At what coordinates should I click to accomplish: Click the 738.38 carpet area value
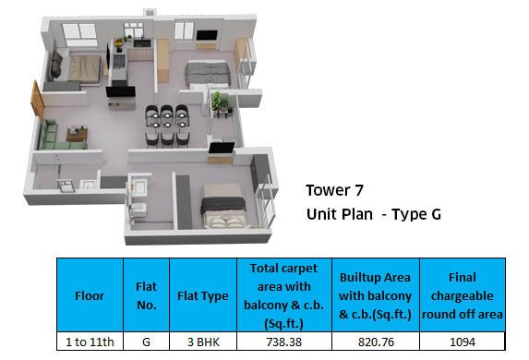283,342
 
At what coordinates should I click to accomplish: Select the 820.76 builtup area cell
376,342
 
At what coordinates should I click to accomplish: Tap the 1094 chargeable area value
463,342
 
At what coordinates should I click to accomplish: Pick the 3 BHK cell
203,342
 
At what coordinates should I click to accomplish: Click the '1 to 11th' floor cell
90,342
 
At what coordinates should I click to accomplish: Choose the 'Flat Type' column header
203,296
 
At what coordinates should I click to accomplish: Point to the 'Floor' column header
90,296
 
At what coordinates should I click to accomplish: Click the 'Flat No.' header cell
147,296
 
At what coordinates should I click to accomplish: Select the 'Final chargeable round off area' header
463,296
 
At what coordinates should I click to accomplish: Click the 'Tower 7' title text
334,190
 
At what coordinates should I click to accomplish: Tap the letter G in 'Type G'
436,214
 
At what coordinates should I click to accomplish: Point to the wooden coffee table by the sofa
78,133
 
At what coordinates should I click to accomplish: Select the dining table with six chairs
167,126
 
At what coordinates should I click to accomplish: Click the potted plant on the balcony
221,102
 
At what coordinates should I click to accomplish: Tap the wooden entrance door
37,100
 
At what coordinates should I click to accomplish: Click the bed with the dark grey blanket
223,207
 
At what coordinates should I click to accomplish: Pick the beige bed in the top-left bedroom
84,69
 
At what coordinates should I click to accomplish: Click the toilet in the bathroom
138,210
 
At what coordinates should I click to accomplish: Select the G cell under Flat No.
146,342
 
